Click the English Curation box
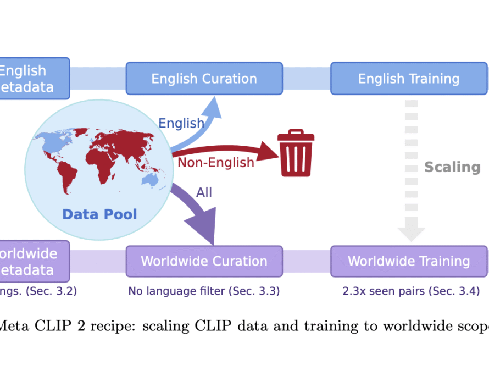click(x=204, y=79)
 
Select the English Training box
click(x=409, y=79)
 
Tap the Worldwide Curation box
click(x=204, y=261)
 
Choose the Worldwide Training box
click(x=409, y=261)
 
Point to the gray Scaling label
click(x=452, y=167)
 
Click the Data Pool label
click(x=99, y=214)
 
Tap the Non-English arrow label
click(x=216, y=162)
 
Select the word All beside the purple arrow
click(x=204, y=192)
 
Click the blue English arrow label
click(x=181, y=123)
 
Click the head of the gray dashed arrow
click(x=412, y=233)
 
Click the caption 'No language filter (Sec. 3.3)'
click(x=204, y=291)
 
